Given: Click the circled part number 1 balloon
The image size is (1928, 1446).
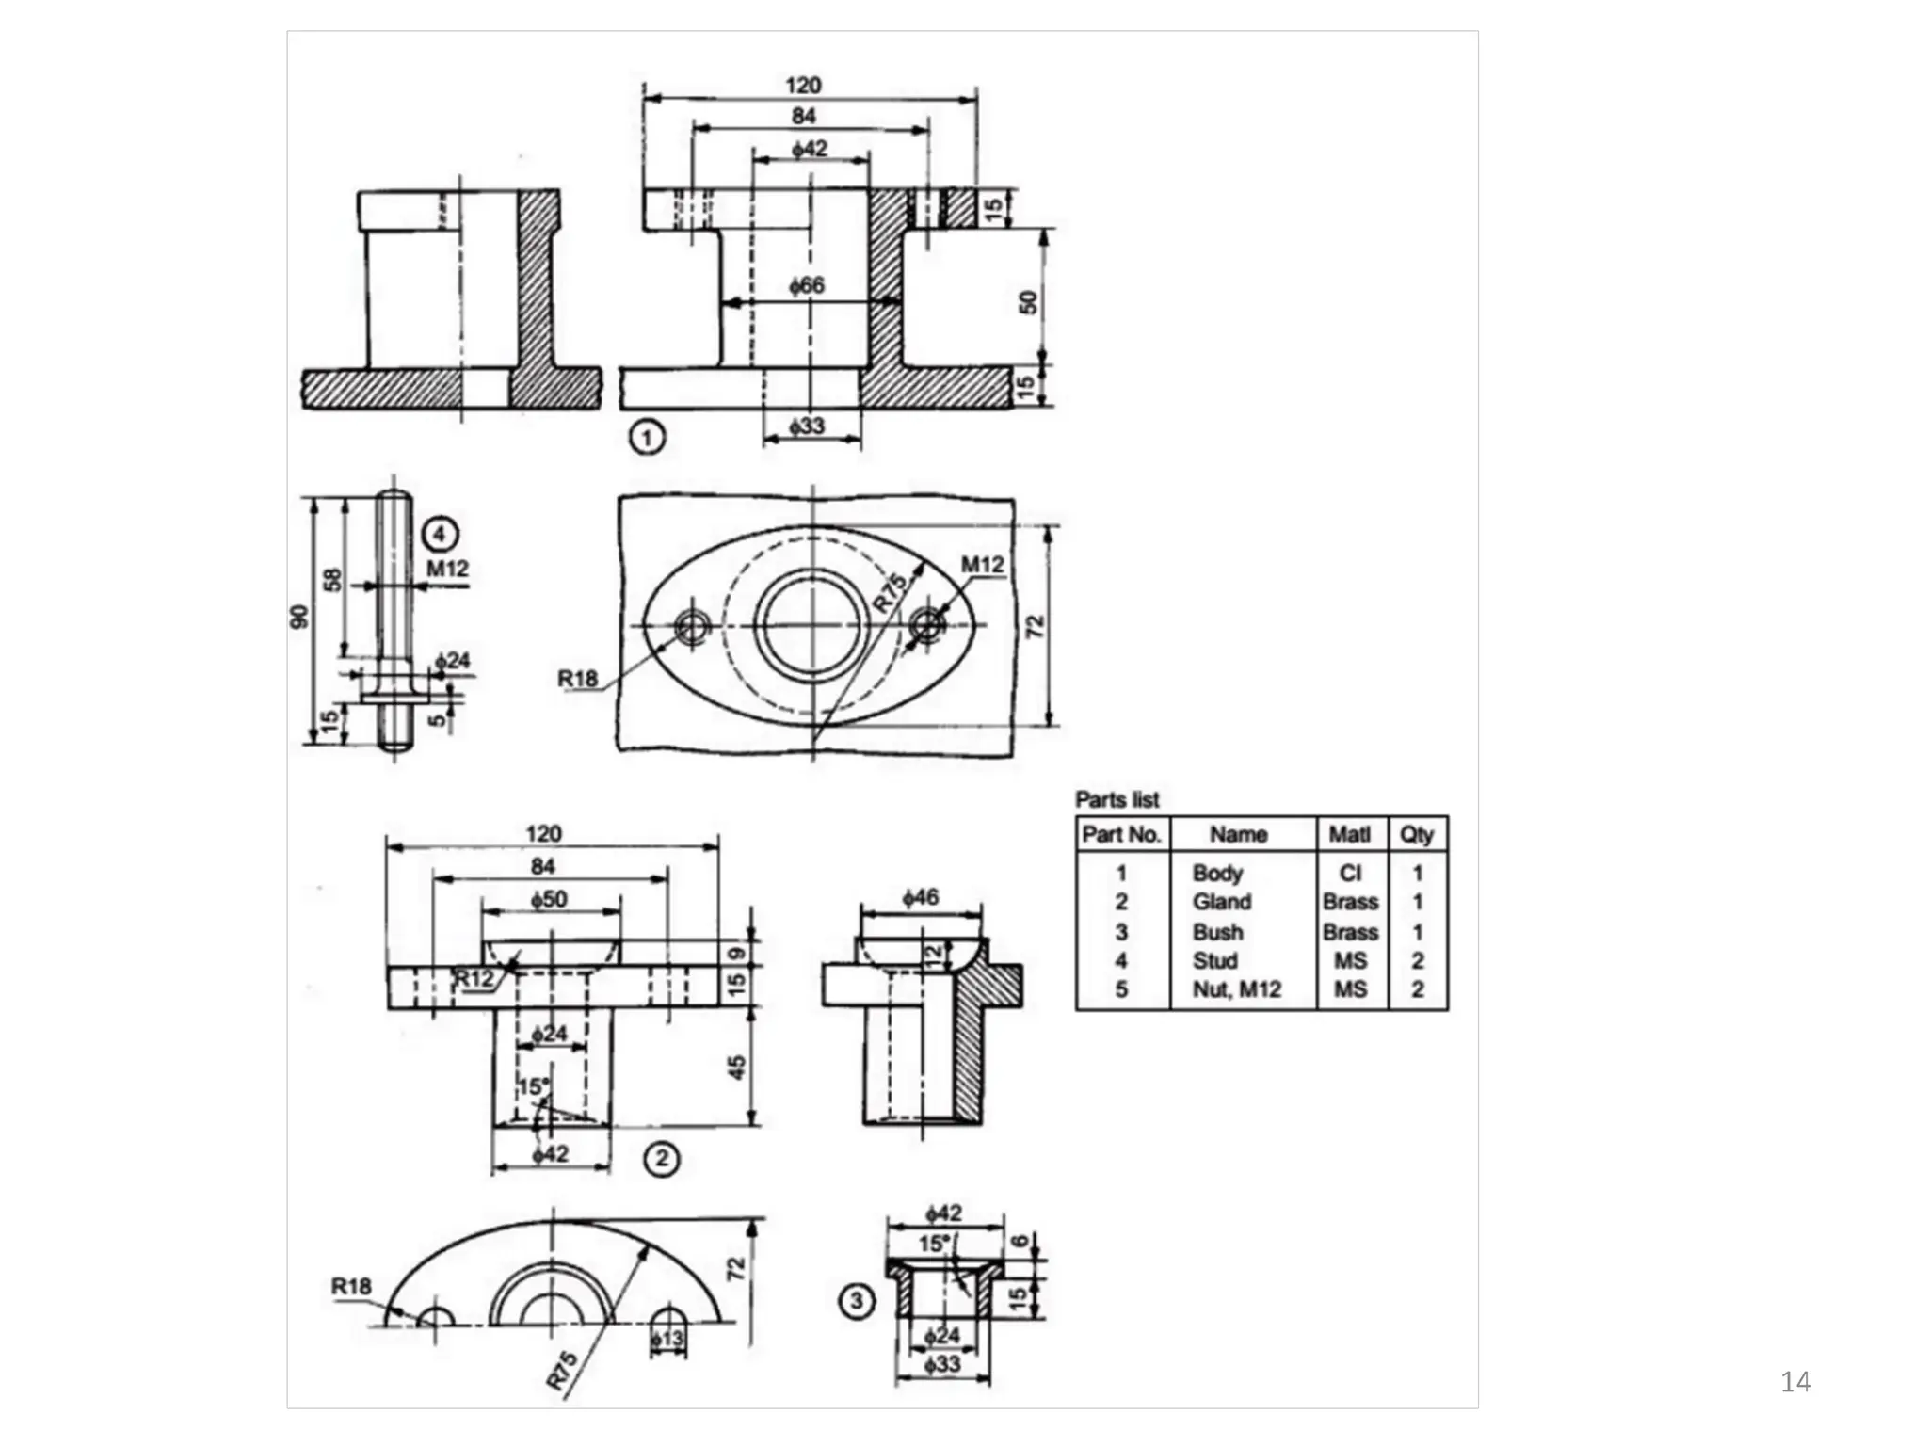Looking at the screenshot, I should click(646, 438).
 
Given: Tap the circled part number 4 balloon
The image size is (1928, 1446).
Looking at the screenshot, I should click(440, 535).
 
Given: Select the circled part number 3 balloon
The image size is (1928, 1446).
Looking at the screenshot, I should click(856, 1302).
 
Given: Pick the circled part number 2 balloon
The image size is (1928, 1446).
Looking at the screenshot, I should click(662, 1159).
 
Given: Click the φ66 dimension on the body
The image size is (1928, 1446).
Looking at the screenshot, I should click(807, 285).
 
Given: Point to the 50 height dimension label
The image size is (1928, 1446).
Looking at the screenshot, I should click(1028, 302).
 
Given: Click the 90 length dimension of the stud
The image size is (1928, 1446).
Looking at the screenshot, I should click(299, 617).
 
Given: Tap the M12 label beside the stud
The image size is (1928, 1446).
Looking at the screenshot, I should click(447, 569).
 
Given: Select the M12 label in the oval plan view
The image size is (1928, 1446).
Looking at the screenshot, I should click(982, 564).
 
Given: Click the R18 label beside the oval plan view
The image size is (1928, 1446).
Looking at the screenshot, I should click(577, 678).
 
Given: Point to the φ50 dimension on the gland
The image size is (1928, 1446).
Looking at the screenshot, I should click(549, 899).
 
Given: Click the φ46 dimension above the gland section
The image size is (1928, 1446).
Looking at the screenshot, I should click(920, 897).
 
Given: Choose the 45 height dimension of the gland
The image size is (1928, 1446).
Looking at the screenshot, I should click(737, 1067).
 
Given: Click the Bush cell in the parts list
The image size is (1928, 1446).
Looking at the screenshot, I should click(1217, 932).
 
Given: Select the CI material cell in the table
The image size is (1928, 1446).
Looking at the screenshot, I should click(1350, 873).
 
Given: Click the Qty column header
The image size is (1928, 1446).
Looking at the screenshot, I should click(1417, 834).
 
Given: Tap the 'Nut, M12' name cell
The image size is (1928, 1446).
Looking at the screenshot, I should click(1236, 989).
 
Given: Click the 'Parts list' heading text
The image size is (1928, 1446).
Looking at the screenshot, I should click(1117, 799).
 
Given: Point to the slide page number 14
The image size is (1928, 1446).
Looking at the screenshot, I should click(1795, 1381).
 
